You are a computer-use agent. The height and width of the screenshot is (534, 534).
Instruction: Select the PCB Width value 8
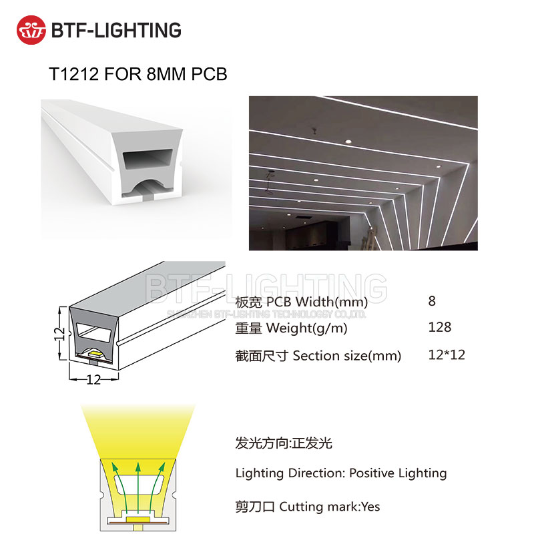coord(432,300)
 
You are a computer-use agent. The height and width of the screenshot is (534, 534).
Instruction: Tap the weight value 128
coord(439,327)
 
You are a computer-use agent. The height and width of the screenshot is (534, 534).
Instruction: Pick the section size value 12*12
coord(446,354)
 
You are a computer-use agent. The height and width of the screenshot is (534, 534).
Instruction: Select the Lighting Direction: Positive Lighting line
coord(340,473)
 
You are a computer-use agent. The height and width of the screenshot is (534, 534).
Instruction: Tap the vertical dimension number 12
coord(59,331)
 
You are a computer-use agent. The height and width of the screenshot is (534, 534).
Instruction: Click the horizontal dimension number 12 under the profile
coord(93,380)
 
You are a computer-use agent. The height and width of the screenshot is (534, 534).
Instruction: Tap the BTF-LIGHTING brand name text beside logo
coord(115,29)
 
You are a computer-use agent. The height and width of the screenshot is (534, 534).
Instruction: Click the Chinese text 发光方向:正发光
coord(284,443)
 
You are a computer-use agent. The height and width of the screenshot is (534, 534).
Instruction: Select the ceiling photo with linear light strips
coord(363,173)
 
